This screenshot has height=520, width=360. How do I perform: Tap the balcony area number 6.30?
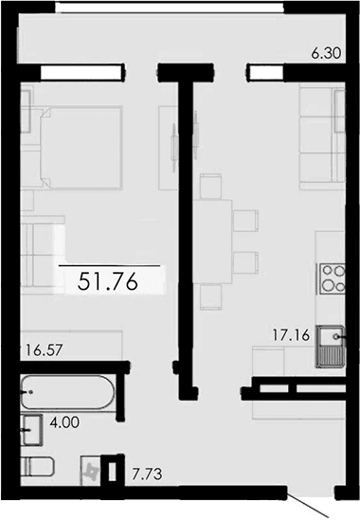coord(325,55)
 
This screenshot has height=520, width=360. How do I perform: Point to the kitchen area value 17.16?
coord(292,333)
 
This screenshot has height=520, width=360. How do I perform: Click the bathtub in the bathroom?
coord(67,388)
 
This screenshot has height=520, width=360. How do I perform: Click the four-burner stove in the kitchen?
coord(333,278)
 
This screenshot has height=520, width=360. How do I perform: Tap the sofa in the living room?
coord(318,137)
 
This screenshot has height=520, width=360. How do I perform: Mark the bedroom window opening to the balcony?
coord(82,70)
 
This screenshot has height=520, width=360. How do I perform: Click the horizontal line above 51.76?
coord(112,266)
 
